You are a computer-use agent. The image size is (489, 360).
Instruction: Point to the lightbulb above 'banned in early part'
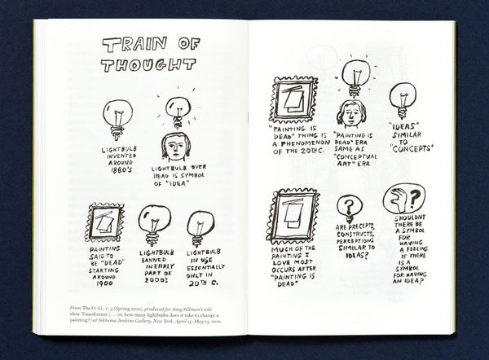pyautogui.click(x=152, y=224)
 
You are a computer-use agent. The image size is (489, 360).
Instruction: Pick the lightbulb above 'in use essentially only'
pyautogui.click(x=199, y=227)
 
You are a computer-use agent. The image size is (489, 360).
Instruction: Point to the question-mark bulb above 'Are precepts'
pyautogui.click(x=349, y=209)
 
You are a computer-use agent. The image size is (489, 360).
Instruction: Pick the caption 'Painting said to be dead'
pyautogui.click(x=104, y=266)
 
